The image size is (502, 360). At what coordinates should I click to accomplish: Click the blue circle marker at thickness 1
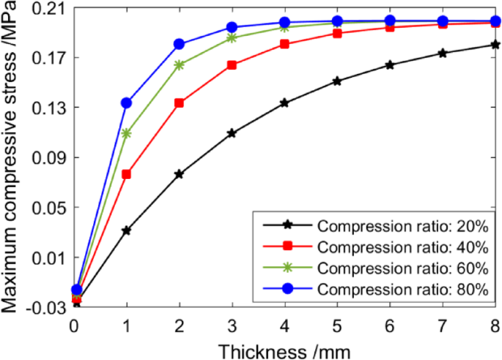pyautogui.click(x=127, y=103)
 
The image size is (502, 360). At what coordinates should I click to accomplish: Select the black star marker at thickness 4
pyautogui.click(x=284, y=103)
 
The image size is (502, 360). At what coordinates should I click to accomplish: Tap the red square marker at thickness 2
pyautogui.click(x=180, y=103)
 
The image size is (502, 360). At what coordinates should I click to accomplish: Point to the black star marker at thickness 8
pyautogui.click(x=495, y=45)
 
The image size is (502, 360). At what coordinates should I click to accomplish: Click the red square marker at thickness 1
pyautogui.click(x=127, y=174)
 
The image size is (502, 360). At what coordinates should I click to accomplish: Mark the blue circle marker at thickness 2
pyautogui.click(x=180, y=44)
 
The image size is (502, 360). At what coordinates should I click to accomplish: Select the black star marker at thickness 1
pyautogui.click(x=127, y=230)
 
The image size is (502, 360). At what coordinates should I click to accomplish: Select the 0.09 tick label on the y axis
pyautogui.click(x=49, y=158)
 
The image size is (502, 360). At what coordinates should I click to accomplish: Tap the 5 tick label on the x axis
pyautogui.click(x=337, y=324)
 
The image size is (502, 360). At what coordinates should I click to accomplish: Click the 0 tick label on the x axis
pyautogui.click(x=75, y=324)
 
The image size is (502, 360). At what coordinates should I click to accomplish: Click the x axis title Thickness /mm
pyautogui.click(x=284, y=348)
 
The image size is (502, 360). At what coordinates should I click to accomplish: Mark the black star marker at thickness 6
pyautogui.click(x=389, y=65)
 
